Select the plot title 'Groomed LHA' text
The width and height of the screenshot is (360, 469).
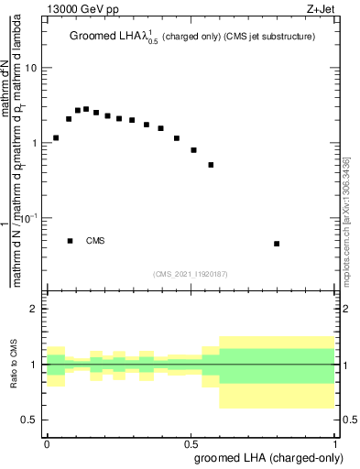(x=108, y=38)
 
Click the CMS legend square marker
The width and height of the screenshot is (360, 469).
(x=70, y=241)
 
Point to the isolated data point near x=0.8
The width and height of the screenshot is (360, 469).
(x=277, y=244)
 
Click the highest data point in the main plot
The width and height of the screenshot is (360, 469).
(x=86, y=109)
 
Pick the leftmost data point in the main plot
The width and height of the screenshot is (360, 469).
(x=56, y=138)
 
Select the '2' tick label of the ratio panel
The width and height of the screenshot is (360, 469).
(x=36, y=309)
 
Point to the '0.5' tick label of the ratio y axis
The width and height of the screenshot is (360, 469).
(x=30, y=420)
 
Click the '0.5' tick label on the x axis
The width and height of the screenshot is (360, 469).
(x=190, y=442)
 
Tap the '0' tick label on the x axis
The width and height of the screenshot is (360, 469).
(x=47, y=442)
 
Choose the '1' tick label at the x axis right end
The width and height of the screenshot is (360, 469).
(x=332, y=442)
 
